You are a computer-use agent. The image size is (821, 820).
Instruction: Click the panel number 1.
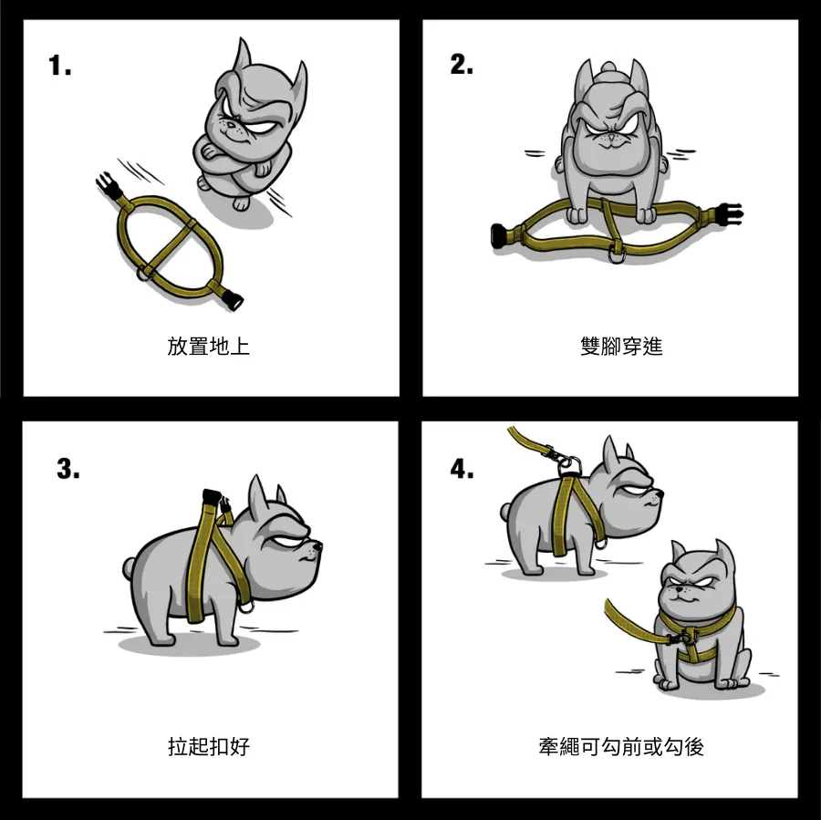click(59, 66)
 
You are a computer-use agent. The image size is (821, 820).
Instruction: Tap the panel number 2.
click(462, 65)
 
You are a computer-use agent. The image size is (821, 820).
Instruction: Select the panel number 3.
click(68, 469)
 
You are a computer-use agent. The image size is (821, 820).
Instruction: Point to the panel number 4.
click(462, 469)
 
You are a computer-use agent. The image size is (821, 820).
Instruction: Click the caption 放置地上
click(208, 347)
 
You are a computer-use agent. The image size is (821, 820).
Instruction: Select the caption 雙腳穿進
click(621, 347)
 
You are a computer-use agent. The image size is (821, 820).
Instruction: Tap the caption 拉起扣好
click(208, 746)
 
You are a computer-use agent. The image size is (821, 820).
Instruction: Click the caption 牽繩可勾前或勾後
click(621, 746)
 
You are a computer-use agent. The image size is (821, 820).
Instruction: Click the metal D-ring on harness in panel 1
click(142, 274)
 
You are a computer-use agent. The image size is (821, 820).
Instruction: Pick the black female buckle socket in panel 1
click(233, 301)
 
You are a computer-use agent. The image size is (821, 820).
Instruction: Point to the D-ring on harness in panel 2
click(616, 256)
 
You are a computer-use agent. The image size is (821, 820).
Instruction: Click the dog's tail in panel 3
click(130, 567)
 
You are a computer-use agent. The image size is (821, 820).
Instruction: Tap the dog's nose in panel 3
click(317, 546)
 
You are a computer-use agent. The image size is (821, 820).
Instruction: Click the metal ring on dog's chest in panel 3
click(246, 607)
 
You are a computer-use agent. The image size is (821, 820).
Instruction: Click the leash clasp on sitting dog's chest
click(681, 638)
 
